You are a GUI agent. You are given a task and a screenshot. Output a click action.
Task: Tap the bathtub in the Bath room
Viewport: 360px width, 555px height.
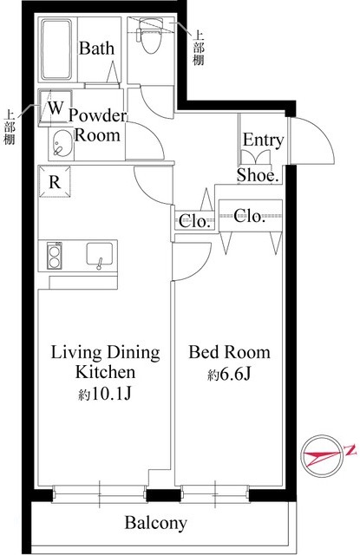[56, 49]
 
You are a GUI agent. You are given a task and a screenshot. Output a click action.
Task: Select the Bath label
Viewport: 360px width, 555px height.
[96, 49]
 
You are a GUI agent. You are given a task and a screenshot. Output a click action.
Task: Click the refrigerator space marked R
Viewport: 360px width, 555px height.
[55, 182]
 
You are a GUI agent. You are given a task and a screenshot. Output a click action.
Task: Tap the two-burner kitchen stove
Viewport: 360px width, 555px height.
[54, 257]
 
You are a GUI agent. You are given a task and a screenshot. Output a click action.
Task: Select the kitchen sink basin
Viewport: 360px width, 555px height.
[100, 254]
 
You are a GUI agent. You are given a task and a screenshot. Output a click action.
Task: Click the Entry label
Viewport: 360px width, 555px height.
[263, 140]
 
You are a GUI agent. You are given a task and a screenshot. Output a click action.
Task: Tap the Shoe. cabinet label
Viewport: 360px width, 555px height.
[258, 175]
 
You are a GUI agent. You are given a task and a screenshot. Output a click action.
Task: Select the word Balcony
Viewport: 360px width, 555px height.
[156, 523]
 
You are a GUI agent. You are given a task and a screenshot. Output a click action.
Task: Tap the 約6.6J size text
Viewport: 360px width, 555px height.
[229, 374]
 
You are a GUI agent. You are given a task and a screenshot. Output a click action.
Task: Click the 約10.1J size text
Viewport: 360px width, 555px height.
[105, 394]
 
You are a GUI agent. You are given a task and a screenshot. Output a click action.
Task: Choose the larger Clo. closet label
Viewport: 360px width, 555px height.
[249, 216]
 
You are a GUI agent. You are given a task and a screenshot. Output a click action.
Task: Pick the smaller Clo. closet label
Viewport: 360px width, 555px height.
[194, 222]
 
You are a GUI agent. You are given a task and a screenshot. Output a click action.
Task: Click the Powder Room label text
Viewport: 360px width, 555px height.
[98, 126]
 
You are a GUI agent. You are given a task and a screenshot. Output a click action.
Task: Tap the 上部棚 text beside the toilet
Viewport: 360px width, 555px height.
[199, 49]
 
